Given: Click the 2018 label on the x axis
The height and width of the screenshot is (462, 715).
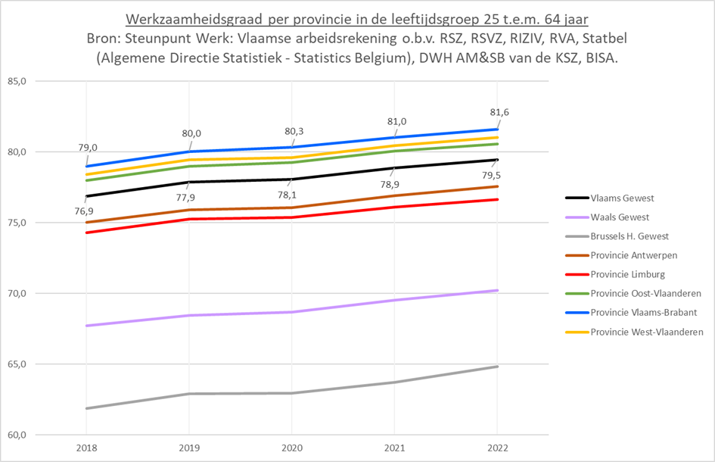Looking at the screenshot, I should [87, 448].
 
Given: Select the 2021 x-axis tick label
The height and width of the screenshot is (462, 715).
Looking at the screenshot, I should [395, 448].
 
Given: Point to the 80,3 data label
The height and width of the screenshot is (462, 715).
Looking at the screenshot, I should [294, 130].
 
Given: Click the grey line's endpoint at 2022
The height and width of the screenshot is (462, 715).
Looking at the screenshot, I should [497, 367].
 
